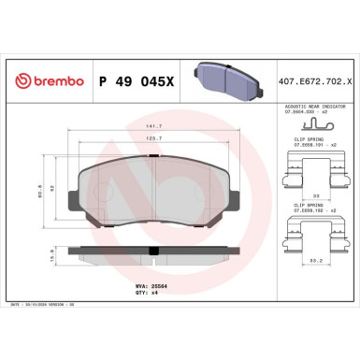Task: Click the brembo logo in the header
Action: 47,81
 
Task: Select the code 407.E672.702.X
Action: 314,80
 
